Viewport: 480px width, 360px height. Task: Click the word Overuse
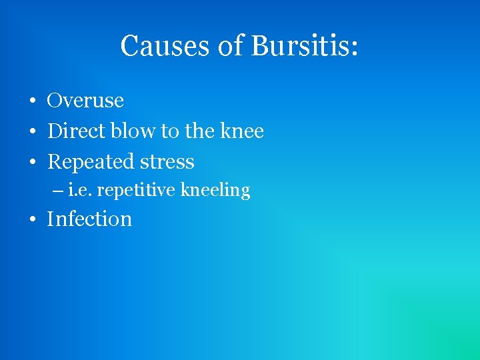point(85,101)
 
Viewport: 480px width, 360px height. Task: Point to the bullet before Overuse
point(32,102)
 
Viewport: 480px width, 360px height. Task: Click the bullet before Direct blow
point(32,133)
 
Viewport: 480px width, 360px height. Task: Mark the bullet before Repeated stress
point(32,163)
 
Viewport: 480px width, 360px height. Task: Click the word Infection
point(89,219)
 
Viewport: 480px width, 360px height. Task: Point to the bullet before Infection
point(32,221)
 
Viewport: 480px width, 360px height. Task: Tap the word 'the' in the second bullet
point(199,131)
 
